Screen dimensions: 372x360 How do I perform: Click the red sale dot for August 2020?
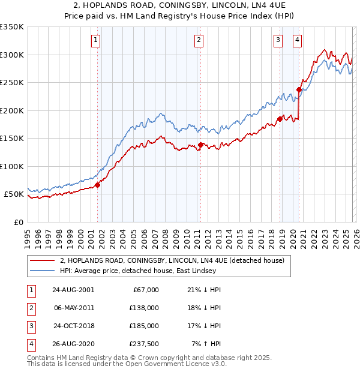(299, 91)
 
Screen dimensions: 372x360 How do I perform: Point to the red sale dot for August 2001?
(97, 185)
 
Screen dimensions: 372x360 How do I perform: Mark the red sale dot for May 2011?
(200, 145)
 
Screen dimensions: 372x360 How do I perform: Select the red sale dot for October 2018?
(280, 119)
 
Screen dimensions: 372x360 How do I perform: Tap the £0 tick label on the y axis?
(19, 222)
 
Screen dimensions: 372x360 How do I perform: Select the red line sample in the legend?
(43, 260)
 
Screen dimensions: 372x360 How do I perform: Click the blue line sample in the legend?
(43, 271)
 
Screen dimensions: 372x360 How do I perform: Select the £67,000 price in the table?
(145, 290)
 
